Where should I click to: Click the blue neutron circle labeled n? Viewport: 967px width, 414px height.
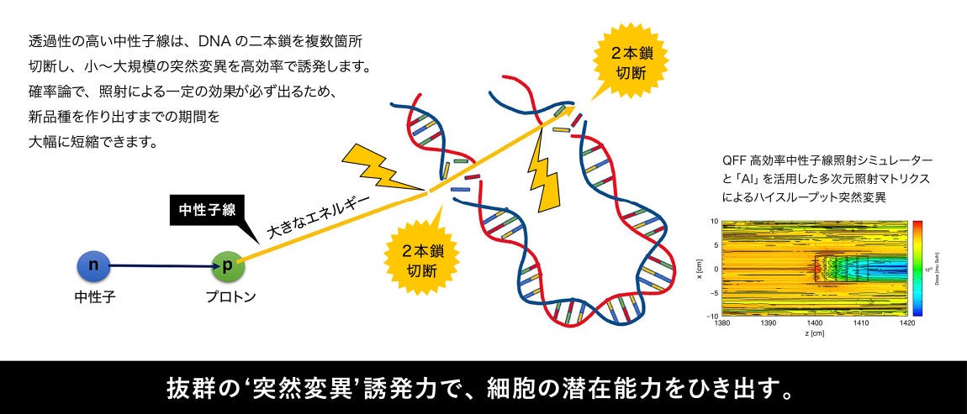[x=94, y=266]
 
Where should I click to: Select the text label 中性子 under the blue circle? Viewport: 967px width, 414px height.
[x=94, y=296]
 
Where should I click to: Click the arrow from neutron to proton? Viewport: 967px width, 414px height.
[x=160, y=266]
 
